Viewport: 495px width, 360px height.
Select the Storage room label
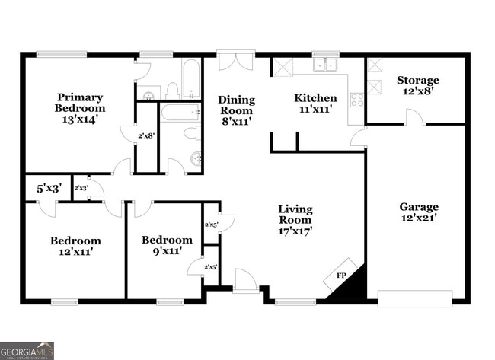pos(417,86)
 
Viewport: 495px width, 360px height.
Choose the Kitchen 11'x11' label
pos(315,104)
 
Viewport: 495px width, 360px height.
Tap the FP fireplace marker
pos(342,276)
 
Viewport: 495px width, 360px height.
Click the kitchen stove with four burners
pos(356,99)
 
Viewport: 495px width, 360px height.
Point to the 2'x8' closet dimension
pos(146,136)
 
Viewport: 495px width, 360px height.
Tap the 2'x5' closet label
pos(211,225)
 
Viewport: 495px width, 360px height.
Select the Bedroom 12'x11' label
pos(75,246)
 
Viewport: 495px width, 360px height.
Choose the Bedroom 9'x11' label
pos(167,246)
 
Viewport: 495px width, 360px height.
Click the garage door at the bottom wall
pos(414,298)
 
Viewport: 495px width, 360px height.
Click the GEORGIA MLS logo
pos(27,350)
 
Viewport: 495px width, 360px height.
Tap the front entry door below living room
pos(244,282)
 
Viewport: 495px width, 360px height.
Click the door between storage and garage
pos(414,118)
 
